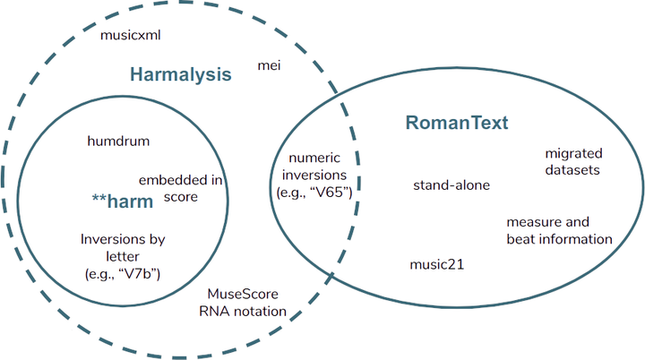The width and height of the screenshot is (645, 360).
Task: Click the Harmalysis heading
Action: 181,74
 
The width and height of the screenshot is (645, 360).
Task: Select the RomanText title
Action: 457,123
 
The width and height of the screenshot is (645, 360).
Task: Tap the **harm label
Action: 122,201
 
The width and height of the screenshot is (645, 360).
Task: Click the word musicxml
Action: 131,35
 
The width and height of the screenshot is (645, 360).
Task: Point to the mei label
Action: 269,65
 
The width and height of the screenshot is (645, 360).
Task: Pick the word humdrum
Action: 118,141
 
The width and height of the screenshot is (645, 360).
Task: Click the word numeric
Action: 314,158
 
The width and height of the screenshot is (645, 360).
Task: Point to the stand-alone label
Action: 451,185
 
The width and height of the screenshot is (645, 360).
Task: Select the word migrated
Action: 573,154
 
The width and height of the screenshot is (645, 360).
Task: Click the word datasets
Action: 572,169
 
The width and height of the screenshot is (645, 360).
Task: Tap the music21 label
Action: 437,264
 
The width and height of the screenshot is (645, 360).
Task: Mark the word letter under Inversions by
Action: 123,256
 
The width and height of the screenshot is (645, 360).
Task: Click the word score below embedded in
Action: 181,197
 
